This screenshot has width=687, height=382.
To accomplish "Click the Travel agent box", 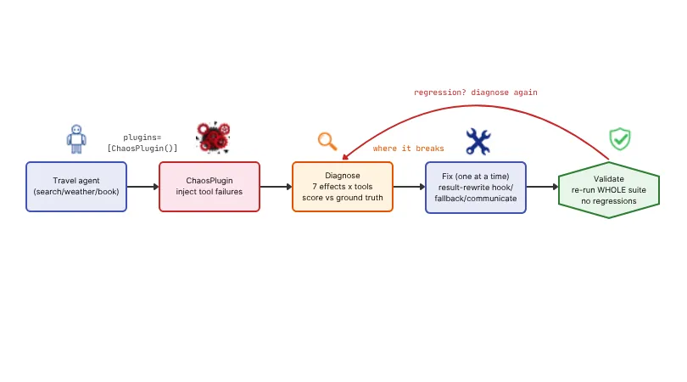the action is (x=76, y=187).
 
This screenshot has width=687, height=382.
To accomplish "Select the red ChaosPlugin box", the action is (x=209, y=187).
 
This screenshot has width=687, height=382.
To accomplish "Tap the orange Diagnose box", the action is (x=343, y=187).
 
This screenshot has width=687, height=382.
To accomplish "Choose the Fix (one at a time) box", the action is (x=476, y=188).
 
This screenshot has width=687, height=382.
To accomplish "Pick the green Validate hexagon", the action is (x=609, y=190).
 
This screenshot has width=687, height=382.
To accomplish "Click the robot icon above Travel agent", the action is (x=76, y=139).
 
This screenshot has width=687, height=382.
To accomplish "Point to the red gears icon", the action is (x=214, y=138).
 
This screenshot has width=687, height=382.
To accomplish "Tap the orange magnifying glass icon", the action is (x=327, y=141).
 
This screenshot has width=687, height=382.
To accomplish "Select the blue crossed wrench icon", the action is (x=478, y=141).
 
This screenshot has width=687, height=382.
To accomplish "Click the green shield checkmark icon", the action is (x=619, y=139).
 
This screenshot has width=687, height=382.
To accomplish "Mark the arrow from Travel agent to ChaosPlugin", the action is (x=142, y=187).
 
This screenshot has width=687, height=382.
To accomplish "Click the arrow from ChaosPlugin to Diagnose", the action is (x=276, y=187).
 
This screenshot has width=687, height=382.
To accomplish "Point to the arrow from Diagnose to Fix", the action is (x=409, y=187).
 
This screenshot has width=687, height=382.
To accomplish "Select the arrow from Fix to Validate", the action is (x=543, y=187).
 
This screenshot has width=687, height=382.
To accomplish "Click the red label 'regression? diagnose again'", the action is (x=475, y=93).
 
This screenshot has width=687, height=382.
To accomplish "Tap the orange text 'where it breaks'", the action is (x=408, y=149).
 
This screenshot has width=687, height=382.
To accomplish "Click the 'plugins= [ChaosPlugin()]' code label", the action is (x=142, y=143).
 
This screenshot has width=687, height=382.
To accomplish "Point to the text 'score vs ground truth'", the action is (x=343, y=198).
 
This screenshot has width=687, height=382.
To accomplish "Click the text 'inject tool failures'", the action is (x=209, y=192).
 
